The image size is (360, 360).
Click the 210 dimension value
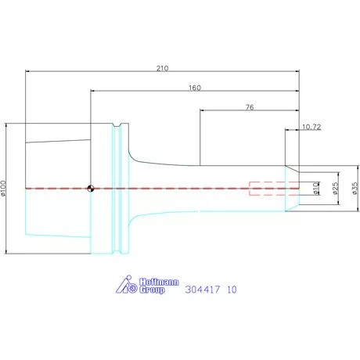(162, 68)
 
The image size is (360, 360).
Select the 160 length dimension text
(195, 88)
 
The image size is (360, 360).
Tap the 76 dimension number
(250, 107)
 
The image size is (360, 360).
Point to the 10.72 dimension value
(311, 127)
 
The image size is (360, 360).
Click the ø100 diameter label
(3, 188)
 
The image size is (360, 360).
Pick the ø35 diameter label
(355, 189)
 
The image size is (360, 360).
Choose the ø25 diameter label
(335, 189)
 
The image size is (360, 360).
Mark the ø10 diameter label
(316, 189)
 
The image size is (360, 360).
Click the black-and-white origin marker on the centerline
(91, 189)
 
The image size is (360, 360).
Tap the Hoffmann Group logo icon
(127, 284)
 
